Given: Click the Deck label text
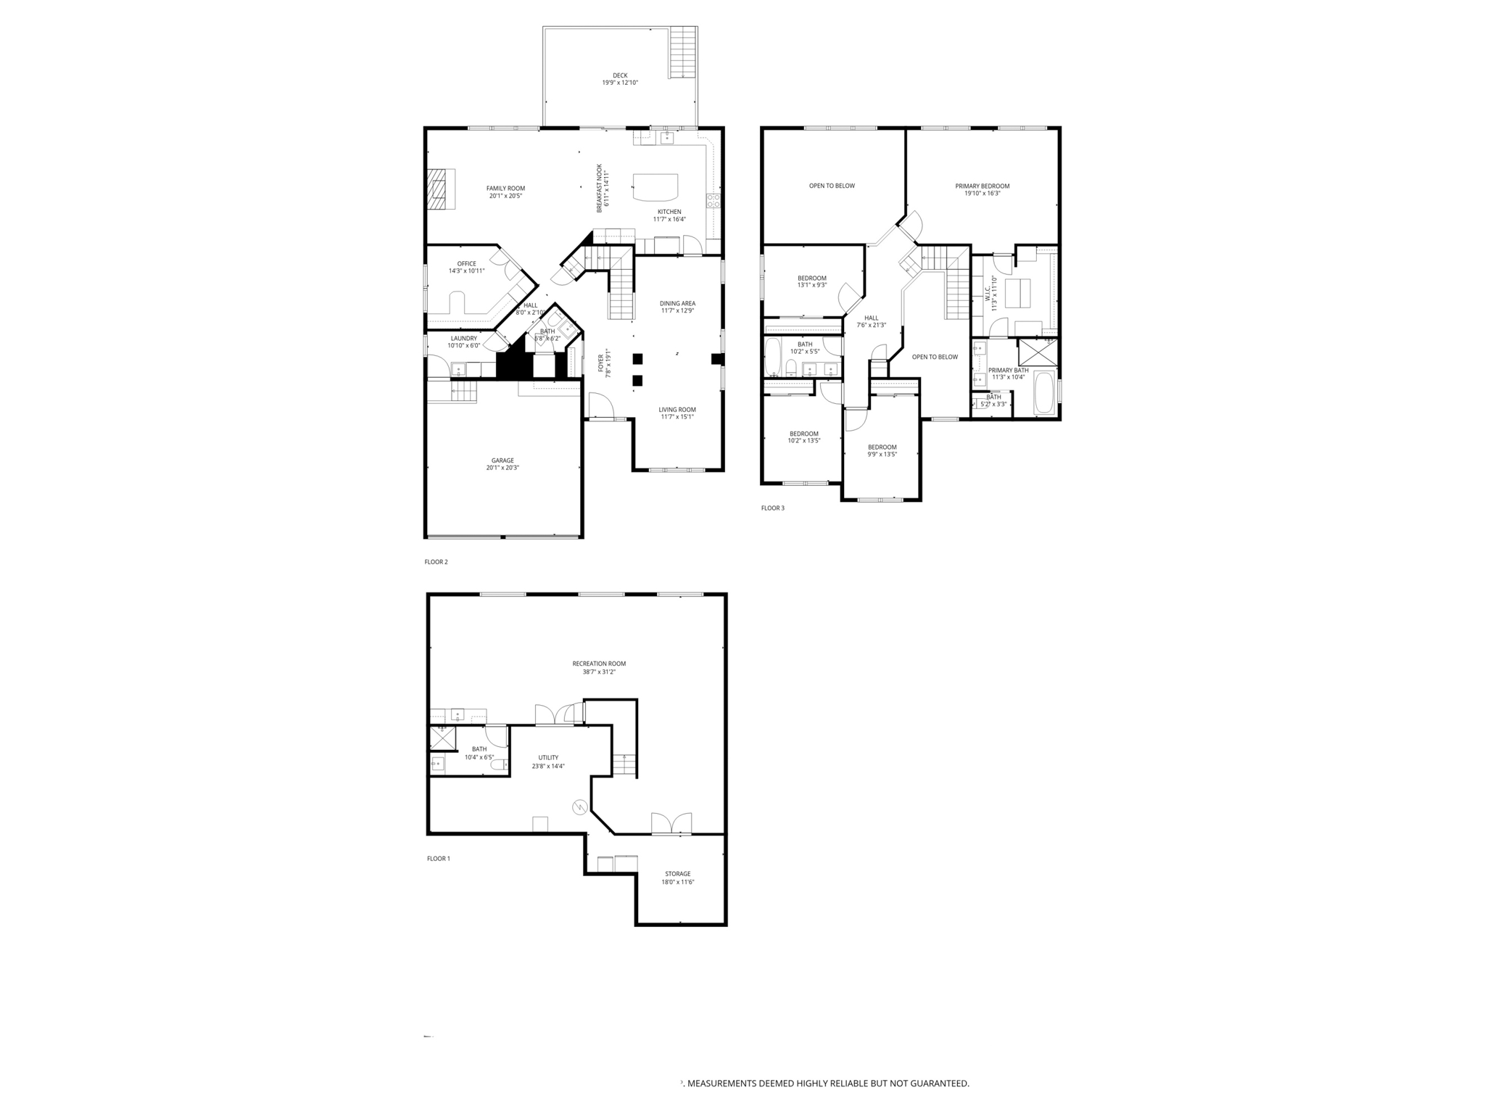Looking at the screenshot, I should [x=620, y=75].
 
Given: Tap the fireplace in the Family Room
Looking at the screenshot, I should [x=439, y=189].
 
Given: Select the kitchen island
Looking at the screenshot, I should [x=655, y=187].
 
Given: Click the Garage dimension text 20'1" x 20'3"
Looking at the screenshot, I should [x=502, y=469].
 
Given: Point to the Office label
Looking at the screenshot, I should [x=466, y=264].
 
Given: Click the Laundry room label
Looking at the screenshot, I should [x=464, y=338].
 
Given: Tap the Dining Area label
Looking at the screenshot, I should [x=677, y=303].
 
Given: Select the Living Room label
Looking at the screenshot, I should [x=677, y=410].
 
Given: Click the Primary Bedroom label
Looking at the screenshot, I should [x=982, y=186].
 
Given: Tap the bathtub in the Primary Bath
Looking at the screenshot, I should [x=1044, y=392].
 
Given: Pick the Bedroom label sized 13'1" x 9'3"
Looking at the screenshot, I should [x=811, y=278].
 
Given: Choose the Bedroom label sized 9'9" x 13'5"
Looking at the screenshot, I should [x=882, y=447].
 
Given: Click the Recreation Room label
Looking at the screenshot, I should [x=599, y=664].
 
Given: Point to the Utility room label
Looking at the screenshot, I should [x=548, y=758].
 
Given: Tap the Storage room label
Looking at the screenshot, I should [x=677, y=874].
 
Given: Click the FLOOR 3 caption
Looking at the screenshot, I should [x=772, y=508].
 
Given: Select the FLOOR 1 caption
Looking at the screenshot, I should [x=438, y=859].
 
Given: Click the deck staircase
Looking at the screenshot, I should [x=682, y=52].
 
